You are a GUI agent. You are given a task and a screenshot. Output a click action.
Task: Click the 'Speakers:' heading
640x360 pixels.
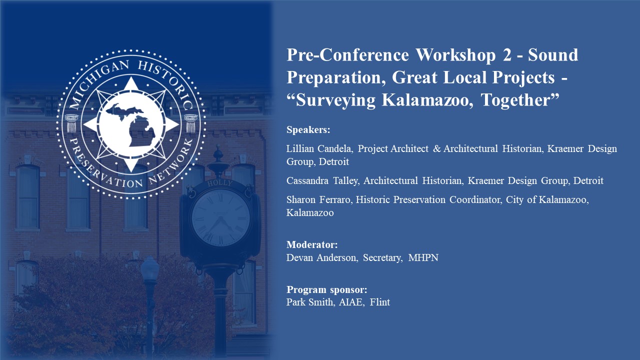pos(308,130)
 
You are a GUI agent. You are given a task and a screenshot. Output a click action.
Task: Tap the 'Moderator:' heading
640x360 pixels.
pos(312,244)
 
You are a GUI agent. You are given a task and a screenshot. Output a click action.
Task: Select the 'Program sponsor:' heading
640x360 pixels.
pos(327,289)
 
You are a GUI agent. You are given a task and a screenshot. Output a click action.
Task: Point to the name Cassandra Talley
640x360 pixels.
pos(322,180)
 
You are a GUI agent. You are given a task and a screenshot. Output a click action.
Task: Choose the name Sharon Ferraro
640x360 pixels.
pos(318,199)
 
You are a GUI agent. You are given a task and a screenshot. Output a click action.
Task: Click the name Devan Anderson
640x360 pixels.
pos(321,257)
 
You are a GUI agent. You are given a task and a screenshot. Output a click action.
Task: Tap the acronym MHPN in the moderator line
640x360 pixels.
pos(423,257)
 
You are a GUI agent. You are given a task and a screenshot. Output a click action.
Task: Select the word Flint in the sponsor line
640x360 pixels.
pos(379,302)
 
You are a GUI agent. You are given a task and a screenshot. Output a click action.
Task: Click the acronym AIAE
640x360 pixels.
pos(351,302)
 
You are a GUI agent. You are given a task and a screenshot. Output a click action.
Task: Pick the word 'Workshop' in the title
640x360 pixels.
pos(455,55)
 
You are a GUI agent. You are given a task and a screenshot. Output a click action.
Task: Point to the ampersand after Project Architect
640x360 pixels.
pos(437,148)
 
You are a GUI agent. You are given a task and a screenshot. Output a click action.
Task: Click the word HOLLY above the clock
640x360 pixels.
pos(219,183)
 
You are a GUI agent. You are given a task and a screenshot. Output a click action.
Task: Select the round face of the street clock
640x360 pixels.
pos(221,217)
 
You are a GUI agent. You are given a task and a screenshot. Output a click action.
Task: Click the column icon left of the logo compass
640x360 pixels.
pos(71,123)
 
